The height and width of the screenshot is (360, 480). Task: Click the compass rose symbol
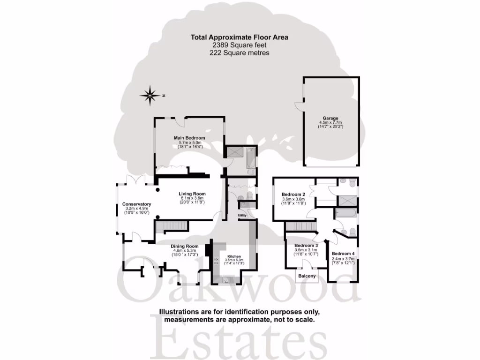point(150,96)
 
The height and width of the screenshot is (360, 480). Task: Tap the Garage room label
point(330,119)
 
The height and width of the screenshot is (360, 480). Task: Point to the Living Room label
point(192,194)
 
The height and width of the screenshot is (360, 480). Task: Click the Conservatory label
point(136,204)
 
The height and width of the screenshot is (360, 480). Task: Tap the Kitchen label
point(234,256)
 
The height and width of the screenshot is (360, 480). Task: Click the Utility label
point(242,216)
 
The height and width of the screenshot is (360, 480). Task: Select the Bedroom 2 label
point(293,194)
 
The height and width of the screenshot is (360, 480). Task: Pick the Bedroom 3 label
point(306,246)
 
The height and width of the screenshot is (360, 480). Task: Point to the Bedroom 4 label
point(344,254)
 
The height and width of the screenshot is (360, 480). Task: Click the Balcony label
point(307,276)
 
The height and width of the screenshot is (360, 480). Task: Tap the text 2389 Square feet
point(240,45)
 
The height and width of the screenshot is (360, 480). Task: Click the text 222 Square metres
point(240,53)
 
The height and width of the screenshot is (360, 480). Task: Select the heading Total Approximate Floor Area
point(240,37)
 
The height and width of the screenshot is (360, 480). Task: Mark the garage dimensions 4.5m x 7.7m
point(330,123)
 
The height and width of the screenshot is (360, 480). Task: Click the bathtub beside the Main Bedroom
point(251,158)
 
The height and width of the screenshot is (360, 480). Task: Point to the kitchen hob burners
point(217,261)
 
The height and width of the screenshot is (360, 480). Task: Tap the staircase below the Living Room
point(172,227)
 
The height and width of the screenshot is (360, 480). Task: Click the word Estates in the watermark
point(239,337)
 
